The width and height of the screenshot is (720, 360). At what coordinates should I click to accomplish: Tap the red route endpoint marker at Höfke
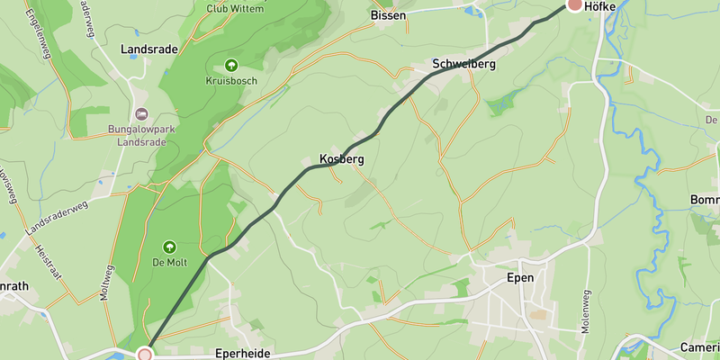(x=575, y=4)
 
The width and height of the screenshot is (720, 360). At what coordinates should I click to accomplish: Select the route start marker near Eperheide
(x=145, y=355)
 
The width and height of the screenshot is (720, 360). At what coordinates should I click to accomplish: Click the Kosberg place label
(x=341, y=159)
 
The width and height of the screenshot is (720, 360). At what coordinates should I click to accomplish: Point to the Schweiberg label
(x=463, y=65)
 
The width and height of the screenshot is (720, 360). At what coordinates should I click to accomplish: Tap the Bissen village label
(x=388, y=15)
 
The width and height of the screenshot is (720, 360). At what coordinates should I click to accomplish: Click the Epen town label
(x=521, y=278)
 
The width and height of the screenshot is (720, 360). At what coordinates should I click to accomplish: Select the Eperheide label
(x=242, y=354)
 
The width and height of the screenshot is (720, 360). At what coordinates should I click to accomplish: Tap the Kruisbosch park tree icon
(x=231, y=65)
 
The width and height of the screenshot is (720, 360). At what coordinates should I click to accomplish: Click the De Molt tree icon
(x=168, y=247)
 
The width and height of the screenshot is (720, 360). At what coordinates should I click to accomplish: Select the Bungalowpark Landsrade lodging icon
(x=140, y=114)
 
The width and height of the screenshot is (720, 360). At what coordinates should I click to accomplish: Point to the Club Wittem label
(x=235, y=9)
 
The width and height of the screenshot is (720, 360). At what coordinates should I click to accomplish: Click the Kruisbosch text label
(x=231, y=82)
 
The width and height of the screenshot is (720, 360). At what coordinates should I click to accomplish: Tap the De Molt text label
(x=168, y=264)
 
